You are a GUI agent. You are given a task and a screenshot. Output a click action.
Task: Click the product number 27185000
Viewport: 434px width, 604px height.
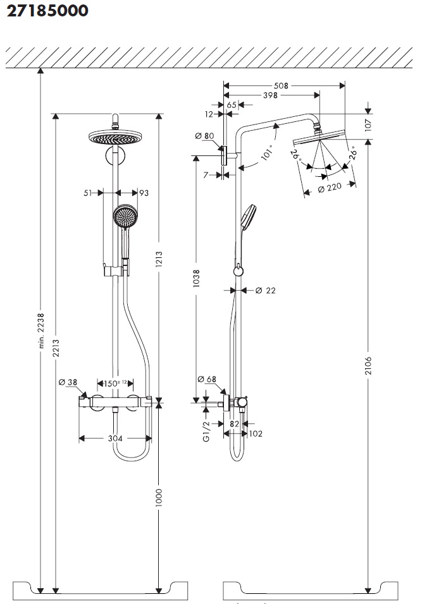[47, 11]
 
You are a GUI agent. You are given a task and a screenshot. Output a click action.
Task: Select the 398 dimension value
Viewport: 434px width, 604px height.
[270, 95]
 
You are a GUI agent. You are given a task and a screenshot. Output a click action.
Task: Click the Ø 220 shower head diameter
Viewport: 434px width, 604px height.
[329, 187]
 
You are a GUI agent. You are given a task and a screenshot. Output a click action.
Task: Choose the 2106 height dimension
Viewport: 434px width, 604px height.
[369, 365]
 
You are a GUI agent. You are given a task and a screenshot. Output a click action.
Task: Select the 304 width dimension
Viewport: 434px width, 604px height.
[115, 438]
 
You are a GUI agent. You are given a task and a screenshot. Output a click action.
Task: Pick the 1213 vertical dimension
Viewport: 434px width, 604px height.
[159, 260]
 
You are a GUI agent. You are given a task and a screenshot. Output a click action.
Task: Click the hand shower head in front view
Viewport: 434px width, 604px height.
[125, 217]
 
